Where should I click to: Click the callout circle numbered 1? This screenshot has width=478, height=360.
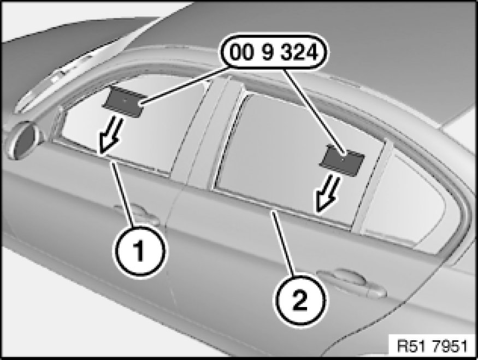click(x=140, y=251)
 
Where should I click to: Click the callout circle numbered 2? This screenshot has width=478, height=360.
click(x=300, y=300)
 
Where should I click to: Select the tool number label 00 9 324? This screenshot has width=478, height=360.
click(x=274, y=52)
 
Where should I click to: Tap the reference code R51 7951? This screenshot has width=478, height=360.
click(x=432, y=346)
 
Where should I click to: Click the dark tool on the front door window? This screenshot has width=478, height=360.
click(x=123, y=101)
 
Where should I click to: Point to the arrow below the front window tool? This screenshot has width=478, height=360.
click(x=111, y=135)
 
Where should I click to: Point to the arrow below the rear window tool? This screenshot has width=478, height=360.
click(x=327, y=194)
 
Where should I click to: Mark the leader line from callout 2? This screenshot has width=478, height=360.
click(x=283, y=243)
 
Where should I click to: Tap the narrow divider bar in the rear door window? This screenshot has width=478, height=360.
click(x=372, y=186)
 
